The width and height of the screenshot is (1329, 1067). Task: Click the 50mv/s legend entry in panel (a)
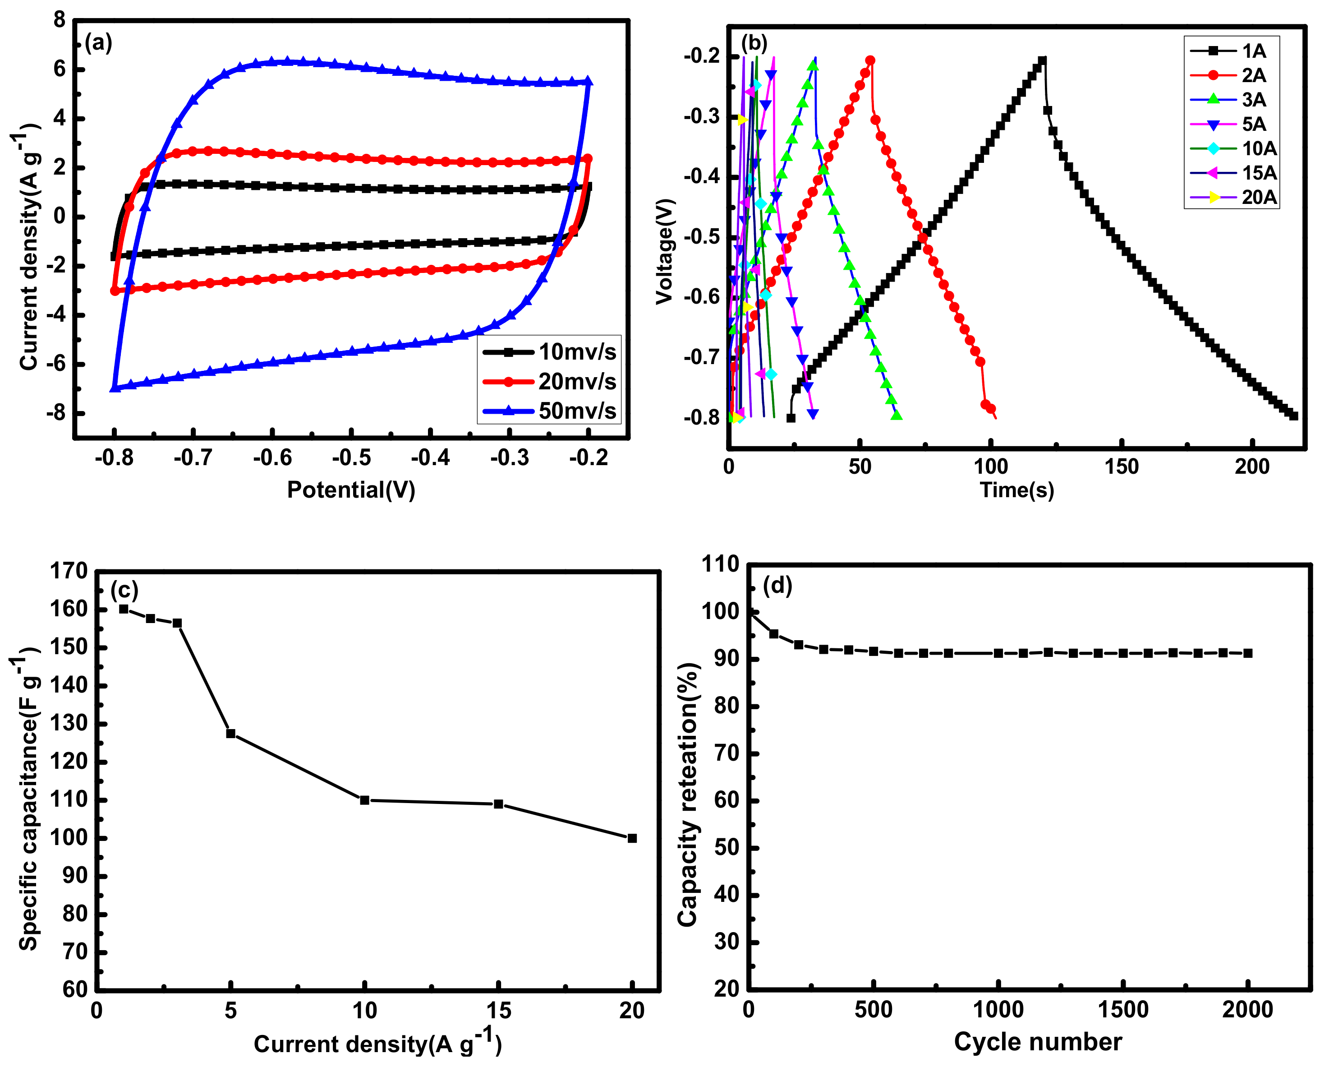coord(549,411)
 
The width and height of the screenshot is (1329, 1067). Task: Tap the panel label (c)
coord(124,590)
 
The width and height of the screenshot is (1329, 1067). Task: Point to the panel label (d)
coord(777,585)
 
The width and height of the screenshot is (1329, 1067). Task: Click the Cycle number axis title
coord(1037,1042)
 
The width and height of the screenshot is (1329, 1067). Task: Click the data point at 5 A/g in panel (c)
coord(230,733)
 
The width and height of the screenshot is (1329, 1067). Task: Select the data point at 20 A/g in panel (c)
coord(632,838)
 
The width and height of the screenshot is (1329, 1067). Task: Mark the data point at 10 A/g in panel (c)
coord(364,800)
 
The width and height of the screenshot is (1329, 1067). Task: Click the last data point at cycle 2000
coord(1248,653)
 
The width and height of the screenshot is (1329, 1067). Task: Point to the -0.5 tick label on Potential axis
coord(351,458)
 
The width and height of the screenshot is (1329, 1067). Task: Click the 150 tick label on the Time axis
coord(1121,467)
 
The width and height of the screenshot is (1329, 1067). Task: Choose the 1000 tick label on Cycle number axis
coord(998,1010)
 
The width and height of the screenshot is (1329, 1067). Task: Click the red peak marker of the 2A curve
coord(870,60)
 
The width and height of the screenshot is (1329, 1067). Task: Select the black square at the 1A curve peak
coord(1042,61)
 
